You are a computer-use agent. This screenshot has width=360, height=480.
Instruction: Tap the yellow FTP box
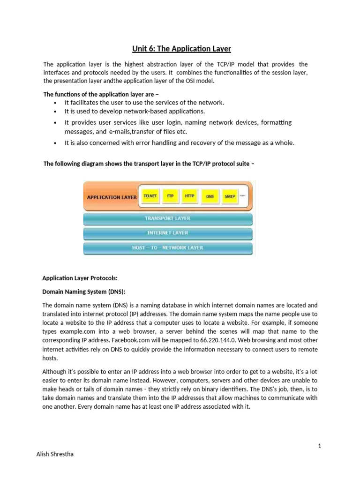pos(170,196)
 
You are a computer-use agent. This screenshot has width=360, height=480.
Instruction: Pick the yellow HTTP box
pos(189,196)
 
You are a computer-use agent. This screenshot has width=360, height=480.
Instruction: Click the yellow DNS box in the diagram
pos(210,196)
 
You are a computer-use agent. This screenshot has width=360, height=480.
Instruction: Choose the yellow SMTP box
pos(230,196)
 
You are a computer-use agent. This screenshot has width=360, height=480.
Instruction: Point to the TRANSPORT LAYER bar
pos(168,218)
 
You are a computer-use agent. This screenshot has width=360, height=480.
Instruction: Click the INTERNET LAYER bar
pos(168,233)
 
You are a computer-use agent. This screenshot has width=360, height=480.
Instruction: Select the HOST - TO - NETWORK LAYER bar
pos(168,247)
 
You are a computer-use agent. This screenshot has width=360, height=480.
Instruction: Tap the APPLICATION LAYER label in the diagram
pos(112,197)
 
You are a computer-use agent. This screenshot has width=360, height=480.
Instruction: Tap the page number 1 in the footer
pos(319,446)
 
